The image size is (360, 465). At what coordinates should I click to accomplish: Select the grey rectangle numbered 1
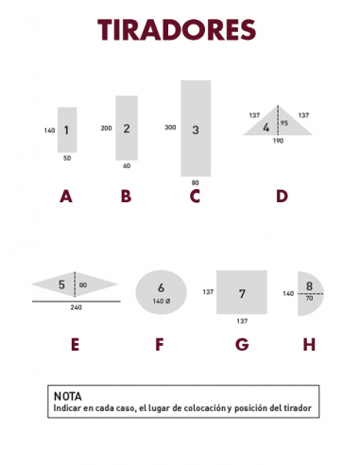click(66, 129)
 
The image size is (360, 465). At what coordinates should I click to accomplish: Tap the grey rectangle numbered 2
click(127, 128)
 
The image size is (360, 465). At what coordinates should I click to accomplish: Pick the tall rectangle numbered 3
click(195, 129)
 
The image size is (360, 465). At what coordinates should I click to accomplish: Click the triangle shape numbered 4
click(277, 125)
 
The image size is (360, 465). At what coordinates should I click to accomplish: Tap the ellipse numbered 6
click(162, 290)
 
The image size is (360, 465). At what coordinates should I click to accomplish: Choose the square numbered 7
click(241, 292)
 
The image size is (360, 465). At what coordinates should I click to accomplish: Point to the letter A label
click(65, 197)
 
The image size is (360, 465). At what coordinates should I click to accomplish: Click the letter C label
click(195, 197)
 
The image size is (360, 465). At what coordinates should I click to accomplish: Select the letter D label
click(282, 197)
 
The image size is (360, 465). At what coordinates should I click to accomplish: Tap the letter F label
click(162, 345)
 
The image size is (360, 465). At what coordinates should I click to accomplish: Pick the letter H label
click(309, 345)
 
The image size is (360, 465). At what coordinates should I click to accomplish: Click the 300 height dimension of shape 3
click(170, 127)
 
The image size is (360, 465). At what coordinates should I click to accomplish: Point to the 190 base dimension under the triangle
click(278, 141)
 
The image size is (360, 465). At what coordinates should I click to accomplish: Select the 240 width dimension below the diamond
click(76, 307)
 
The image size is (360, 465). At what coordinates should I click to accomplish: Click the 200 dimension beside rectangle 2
click(106, 127)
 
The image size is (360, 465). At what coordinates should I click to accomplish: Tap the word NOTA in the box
click(68, 396)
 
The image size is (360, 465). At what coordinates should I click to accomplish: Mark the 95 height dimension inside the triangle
click(284, 122)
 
